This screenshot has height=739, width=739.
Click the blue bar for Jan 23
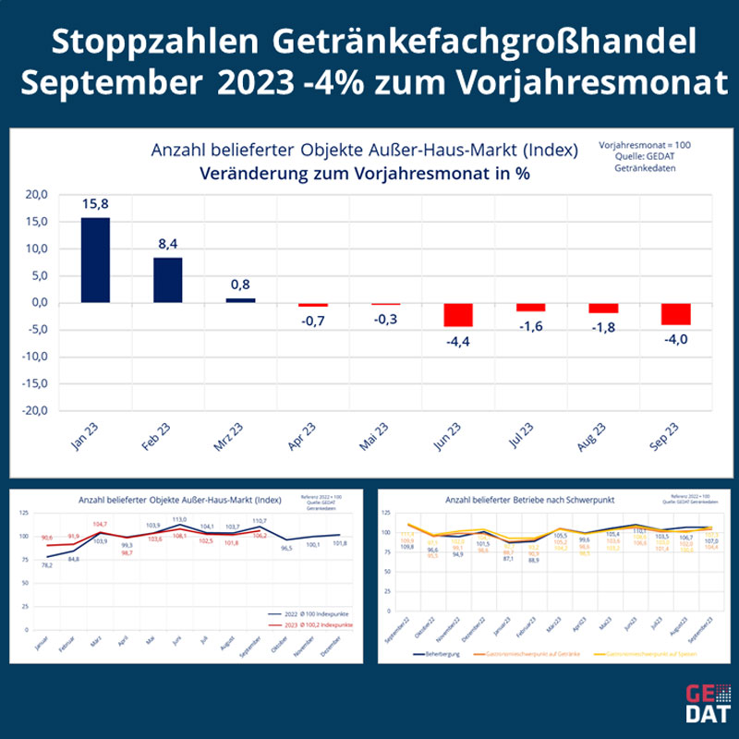(95, 260)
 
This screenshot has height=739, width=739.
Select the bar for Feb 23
(167, 280)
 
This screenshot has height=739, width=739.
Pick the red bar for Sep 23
(675, 313)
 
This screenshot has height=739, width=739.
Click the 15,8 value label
(95, 203)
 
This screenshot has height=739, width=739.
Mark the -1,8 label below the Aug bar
(603, 328)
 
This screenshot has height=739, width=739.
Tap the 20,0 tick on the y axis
(35, 195)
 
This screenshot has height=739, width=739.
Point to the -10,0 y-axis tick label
(32, 357)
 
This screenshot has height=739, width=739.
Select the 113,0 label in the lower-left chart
(181, 519)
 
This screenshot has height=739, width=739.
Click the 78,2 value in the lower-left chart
(46, 565)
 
